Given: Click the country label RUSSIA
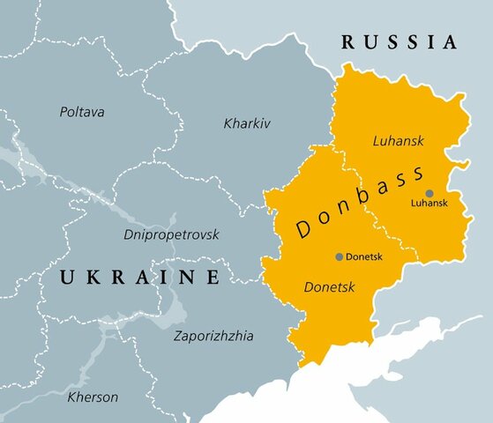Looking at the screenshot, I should tap(400, 41).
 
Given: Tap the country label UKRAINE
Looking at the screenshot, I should tap(139, 278).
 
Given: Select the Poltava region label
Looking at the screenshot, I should tap(82, 112).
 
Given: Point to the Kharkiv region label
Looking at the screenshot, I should tap(247, 122).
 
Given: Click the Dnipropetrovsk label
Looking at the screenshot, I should tap(171, 234).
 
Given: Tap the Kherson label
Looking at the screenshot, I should tap(93, 397).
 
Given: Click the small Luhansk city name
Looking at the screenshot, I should tap(430, 203).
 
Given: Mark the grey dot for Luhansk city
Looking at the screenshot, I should tap(430, 192).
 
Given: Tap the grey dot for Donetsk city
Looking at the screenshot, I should tap(339, 256).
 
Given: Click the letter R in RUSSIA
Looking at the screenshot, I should tap(347, 41).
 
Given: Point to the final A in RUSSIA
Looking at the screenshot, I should tap(451, 41).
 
